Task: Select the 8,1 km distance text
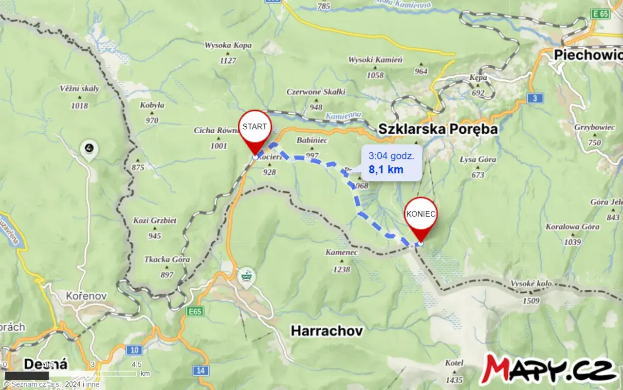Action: (x=386, y=170)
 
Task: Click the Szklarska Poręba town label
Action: (x=438, y=129)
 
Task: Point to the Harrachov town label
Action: (x=327, y=331)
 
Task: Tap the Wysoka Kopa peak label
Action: (x=228, y=46)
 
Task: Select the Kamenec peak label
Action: (x=342, y=253)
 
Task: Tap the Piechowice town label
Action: (x=588, y=55)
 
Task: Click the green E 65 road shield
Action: (x=601, y=14)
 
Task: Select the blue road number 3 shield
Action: (x=535, y=99)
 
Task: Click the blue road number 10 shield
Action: (x=134, y=350)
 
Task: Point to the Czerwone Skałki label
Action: (x=316, y=91)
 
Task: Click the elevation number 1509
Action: (x=531, y=301)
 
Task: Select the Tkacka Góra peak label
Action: (x=167, y=260)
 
